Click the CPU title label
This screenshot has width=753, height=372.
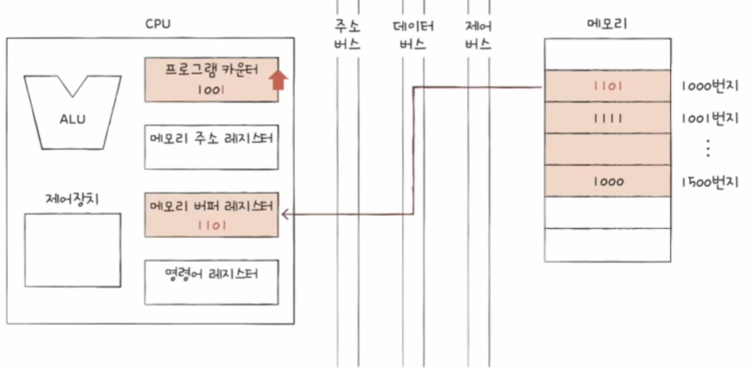point(158,24)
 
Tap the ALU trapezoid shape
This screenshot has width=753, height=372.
point(73,119)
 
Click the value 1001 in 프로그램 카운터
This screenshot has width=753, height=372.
point(211,90)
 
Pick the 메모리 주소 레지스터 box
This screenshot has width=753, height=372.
point(211,147)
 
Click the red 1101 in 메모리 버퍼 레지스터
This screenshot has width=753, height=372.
point(212,225)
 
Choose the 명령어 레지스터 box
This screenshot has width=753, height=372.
point(211,282)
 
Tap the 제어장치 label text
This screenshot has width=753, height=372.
point(72,199)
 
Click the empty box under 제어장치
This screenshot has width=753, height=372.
point(73,250)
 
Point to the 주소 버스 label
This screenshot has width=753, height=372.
point(347,35)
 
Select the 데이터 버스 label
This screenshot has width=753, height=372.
point(413,35)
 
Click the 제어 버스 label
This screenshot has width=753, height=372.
point(478,35)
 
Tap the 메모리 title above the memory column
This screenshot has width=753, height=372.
point(607,23)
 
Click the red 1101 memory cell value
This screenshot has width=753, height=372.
point(608,86)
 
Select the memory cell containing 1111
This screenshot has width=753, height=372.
point(608,118)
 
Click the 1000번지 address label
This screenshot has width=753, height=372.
point(709,86)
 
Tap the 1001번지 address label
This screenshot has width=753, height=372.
point(709,119)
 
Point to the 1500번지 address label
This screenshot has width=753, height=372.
point(709,182)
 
